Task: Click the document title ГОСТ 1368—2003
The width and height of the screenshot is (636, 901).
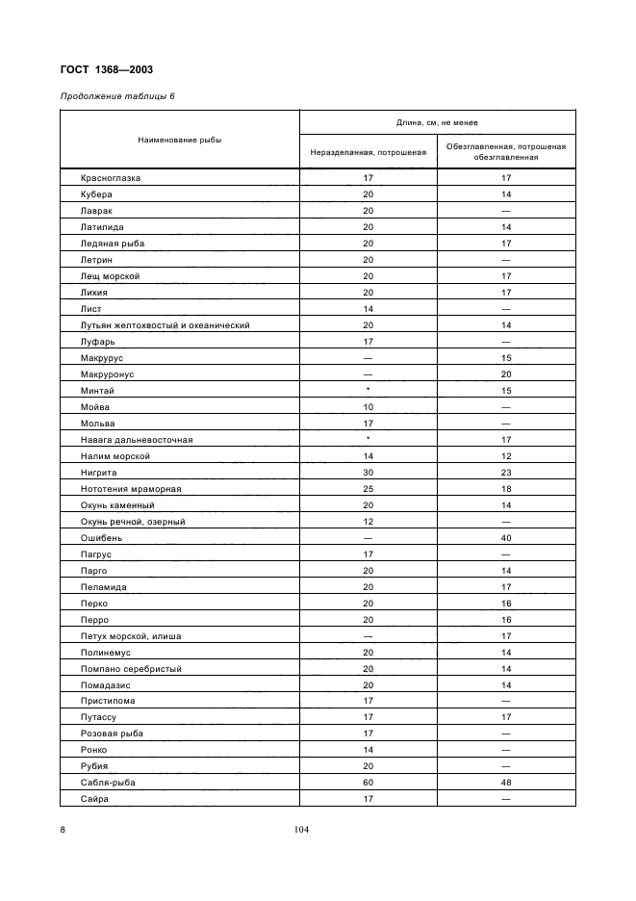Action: coord(106,69)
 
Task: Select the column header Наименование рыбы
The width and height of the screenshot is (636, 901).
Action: coord(179,140)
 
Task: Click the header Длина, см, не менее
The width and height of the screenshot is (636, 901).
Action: coord(437,123)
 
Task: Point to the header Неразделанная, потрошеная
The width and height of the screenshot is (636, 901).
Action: coord(368,152)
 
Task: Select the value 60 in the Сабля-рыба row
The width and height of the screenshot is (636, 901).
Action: coord(368,784)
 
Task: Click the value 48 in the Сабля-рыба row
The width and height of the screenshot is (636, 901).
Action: coord(506,784)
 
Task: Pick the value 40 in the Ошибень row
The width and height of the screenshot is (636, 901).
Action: coord(506,538)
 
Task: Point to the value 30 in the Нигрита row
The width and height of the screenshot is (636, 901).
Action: coord(368,473)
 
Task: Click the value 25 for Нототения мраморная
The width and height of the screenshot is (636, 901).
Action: coord(368,489)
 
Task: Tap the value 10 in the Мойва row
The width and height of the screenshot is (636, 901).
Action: coord(368,407)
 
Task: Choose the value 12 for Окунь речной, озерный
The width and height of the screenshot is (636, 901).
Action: coord(368,522)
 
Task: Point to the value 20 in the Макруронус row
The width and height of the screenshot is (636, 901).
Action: coord(506,374)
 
